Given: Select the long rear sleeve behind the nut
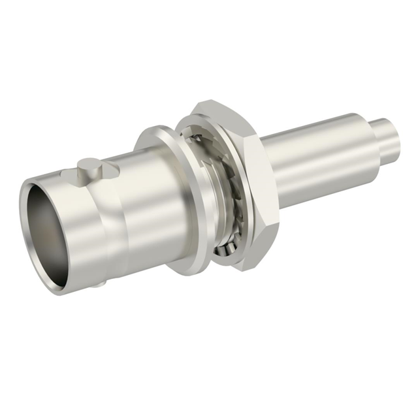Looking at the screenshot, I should coord(313,163).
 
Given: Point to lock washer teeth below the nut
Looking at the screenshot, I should coord(225,248).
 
